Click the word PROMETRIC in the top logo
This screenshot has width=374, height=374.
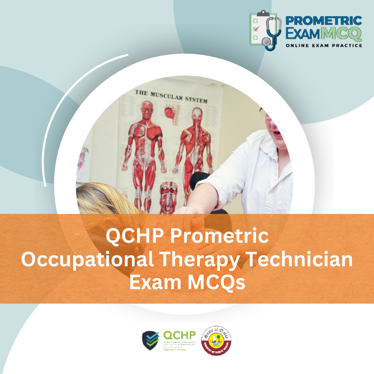tap(323, 20)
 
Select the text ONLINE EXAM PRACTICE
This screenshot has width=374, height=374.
tap(324, 45)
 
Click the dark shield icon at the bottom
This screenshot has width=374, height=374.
tap(151, 340)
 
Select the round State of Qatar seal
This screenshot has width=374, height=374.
tap(217, 340)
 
